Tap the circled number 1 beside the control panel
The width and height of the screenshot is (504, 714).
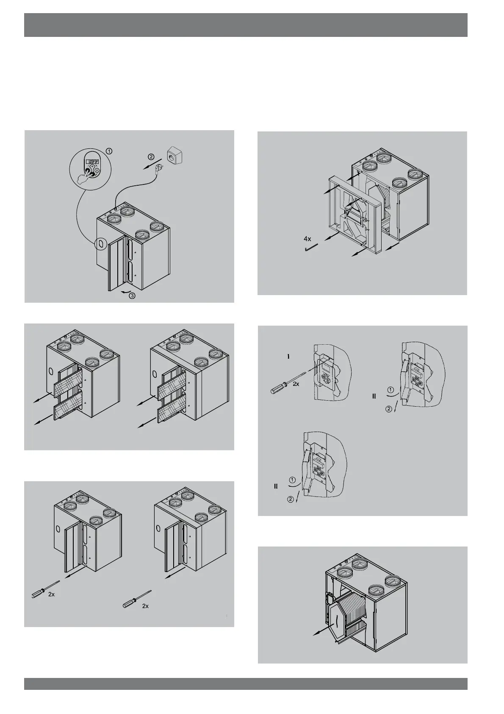coord(109,151)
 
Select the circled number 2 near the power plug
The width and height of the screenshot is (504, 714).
coord(151,156)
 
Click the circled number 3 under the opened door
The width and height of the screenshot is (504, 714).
coord(132,296)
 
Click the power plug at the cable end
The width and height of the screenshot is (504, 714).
coord(161,167)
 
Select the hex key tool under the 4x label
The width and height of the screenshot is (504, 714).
coord(312,248)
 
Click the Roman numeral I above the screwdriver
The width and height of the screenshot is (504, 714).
coord(288,357)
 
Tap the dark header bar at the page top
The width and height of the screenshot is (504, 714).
coord(246,25)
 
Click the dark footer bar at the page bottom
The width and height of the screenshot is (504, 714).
coord(246,684)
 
